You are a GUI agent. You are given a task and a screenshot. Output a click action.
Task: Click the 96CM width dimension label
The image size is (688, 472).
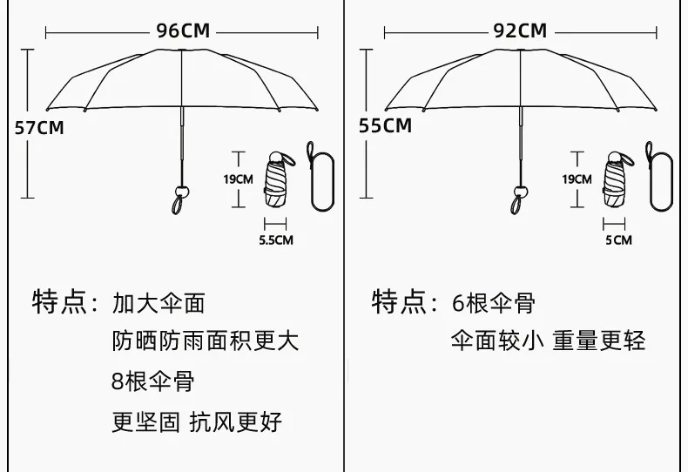(x=183, y=30)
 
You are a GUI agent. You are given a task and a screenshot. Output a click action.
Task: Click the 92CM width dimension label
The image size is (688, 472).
(x=520, y=30)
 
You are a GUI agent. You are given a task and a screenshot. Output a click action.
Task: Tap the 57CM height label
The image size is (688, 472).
(x=39, y=128)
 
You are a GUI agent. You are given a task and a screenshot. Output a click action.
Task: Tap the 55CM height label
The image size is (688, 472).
(x=385, y=126)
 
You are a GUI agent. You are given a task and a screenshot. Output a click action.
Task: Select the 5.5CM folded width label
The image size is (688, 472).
(x=276, y=240)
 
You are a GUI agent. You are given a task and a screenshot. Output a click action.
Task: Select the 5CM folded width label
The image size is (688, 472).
(x=618, y=240)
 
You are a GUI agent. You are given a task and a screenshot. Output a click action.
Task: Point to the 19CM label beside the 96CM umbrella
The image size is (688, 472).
(x=239, y=179)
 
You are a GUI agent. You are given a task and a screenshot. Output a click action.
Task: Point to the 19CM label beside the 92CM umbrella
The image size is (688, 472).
(x=577, y=179)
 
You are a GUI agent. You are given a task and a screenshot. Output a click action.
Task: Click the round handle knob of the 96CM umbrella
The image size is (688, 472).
(x=181, y=192)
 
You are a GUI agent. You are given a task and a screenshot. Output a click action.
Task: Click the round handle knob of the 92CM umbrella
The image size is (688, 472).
(x=521, y=192)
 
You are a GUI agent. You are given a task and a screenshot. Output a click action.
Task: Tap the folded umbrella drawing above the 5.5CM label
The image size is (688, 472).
(x=276, y=179)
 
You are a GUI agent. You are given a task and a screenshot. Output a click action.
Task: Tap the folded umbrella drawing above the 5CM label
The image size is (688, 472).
(x=615, y=179)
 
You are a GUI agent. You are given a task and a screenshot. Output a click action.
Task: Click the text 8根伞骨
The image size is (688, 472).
(x=152, y=381)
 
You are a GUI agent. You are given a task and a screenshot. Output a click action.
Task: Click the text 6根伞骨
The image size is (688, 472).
(x=494, y=303)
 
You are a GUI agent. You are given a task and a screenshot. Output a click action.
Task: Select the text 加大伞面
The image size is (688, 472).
(x=159, y=303)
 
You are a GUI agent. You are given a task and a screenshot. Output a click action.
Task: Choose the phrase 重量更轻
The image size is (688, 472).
(x=598, y=341)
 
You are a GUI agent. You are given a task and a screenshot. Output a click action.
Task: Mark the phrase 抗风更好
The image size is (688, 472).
(x=236, y=421)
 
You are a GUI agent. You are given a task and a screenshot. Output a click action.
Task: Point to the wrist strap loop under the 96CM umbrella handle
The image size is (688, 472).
(x=178, y=205)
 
